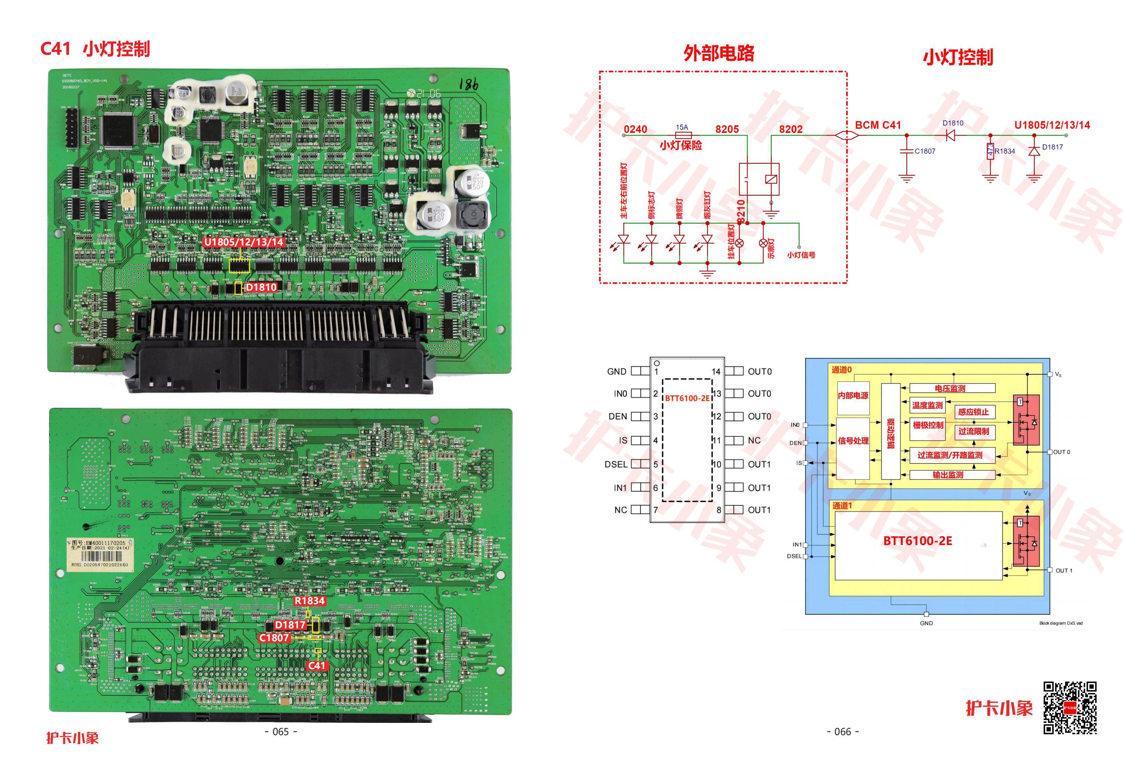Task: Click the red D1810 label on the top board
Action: tap(261, 287)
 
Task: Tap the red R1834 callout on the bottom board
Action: tap(310, 601)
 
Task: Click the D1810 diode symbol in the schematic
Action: tap(951, 135)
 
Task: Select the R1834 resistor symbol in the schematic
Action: tap(990, 151)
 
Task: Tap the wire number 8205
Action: tap(727, 129)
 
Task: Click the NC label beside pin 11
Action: tap(754, 440)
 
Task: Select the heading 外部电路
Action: tap(719, 53)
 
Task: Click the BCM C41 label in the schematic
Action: tap(878, 125)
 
